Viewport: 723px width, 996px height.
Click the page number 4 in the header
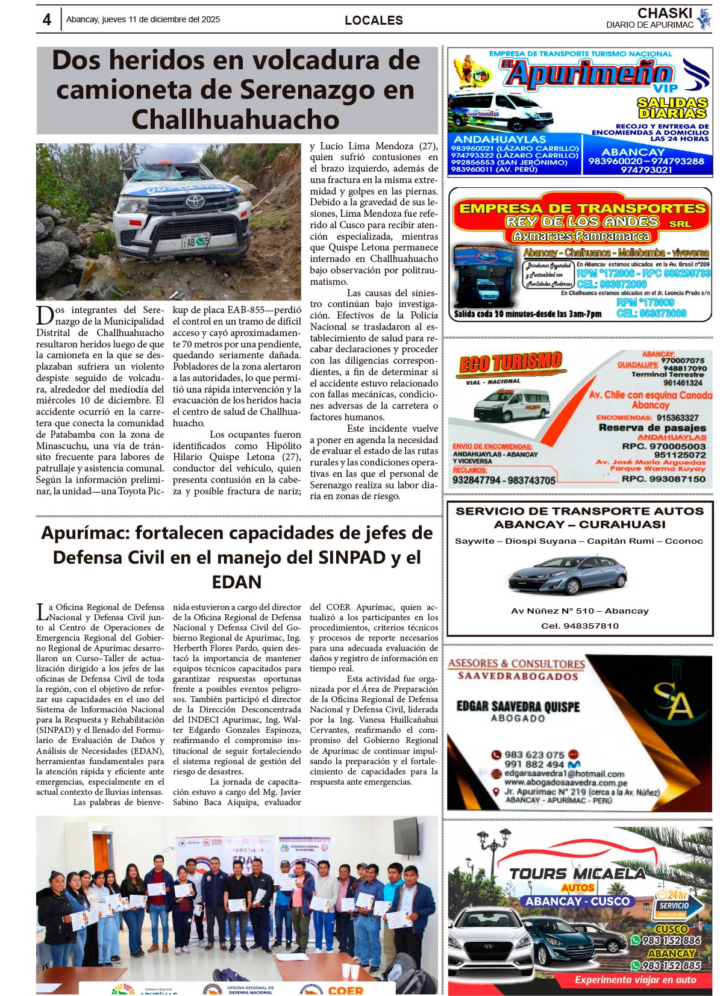[x=47, y=20]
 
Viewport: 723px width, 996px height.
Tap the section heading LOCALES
[x=374, y=20]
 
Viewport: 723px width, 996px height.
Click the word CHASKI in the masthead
[x=665, y=13]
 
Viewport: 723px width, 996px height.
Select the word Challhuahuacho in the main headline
[x=236, y=119]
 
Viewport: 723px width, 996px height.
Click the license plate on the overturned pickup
[x=195, y=241]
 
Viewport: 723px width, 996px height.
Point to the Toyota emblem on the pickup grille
[x=178, y=202]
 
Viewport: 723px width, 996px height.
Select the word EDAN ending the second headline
[x=237, y=582]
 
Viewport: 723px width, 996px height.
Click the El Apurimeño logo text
[x=588, y=74]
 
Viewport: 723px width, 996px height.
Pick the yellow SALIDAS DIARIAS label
[x=672, y=108]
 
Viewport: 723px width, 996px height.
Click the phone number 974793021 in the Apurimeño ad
[x=646, y=170]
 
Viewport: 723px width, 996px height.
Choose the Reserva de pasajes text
[x=652, y=428]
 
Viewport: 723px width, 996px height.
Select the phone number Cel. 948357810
[x=580, y=626]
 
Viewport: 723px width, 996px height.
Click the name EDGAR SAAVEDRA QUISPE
[x=518, y=706]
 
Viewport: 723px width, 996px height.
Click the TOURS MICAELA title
[x=577, y=874]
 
